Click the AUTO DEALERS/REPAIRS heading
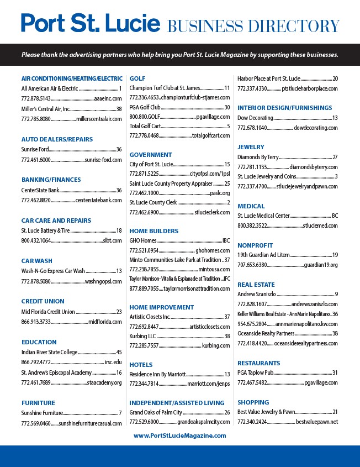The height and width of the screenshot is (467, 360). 57,139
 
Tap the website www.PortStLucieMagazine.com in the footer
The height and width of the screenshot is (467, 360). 180,435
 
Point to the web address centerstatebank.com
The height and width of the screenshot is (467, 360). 98,200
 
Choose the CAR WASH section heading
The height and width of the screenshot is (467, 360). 36,261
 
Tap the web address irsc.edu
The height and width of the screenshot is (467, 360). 113,363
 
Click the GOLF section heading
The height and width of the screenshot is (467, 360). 137,78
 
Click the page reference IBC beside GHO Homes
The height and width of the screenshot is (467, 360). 226,240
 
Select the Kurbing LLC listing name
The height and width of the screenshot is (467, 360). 142,335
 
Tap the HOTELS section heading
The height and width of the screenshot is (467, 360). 141,365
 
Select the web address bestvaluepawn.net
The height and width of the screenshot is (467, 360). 316,422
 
